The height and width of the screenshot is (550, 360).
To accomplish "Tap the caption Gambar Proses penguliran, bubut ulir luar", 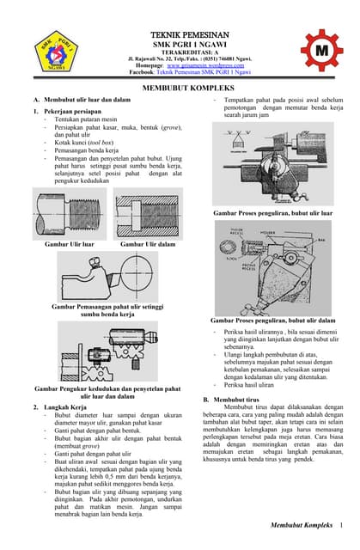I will pos(273,211).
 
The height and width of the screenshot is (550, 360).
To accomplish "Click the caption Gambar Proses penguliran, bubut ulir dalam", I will pos(273,321).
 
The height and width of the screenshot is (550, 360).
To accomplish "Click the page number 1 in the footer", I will pos(342,524).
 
